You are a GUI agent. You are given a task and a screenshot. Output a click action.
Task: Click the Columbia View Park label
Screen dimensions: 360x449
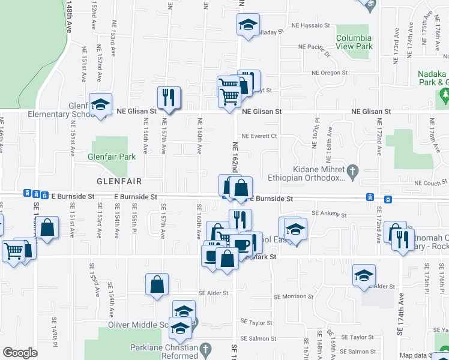tap(354, 42)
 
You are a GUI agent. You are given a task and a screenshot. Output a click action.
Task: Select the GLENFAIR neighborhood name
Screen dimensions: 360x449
tap(119, 181)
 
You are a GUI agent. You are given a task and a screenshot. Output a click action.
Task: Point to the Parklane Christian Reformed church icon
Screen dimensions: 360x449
tap(205, 349)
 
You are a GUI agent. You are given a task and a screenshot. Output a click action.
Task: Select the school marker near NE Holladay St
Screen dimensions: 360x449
tap(247, 24)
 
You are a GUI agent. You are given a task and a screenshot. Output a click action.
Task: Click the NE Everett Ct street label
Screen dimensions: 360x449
tap(259, 136)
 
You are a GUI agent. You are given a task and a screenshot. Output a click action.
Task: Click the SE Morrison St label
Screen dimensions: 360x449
tap(294, 296)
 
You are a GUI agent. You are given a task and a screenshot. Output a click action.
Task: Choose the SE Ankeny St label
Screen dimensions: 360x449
tap(330, 214)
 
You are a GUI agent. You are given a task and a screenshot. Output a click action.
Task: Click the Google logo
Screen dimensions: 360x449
tap(19, 352)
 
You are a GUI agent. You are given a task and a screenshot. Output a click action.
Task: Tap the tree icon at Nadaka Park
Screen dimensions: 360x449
tap(445, 94)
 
